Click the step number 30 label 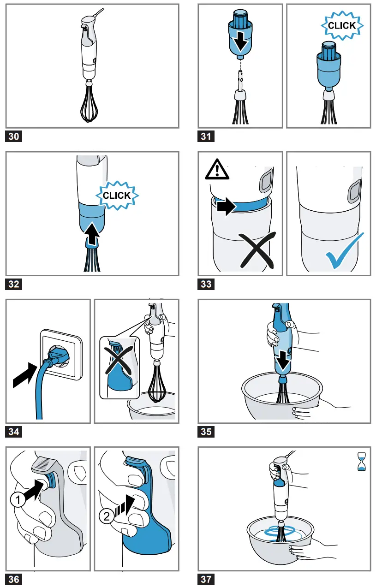14,136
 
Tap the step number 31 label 206,136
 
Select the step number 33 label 206,284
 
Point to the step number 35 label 206,432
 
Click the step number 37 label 206,579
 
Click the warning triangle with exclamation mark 217,170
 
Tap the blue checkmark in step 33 344,251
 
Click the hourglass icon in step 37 362,462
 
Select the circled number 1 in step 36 18,500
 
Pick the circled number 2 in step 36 106,516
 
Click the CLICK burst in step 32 117,196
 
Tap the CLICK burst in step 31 342,26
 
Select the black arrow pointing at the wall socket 25,375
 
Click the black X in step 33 257,250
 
